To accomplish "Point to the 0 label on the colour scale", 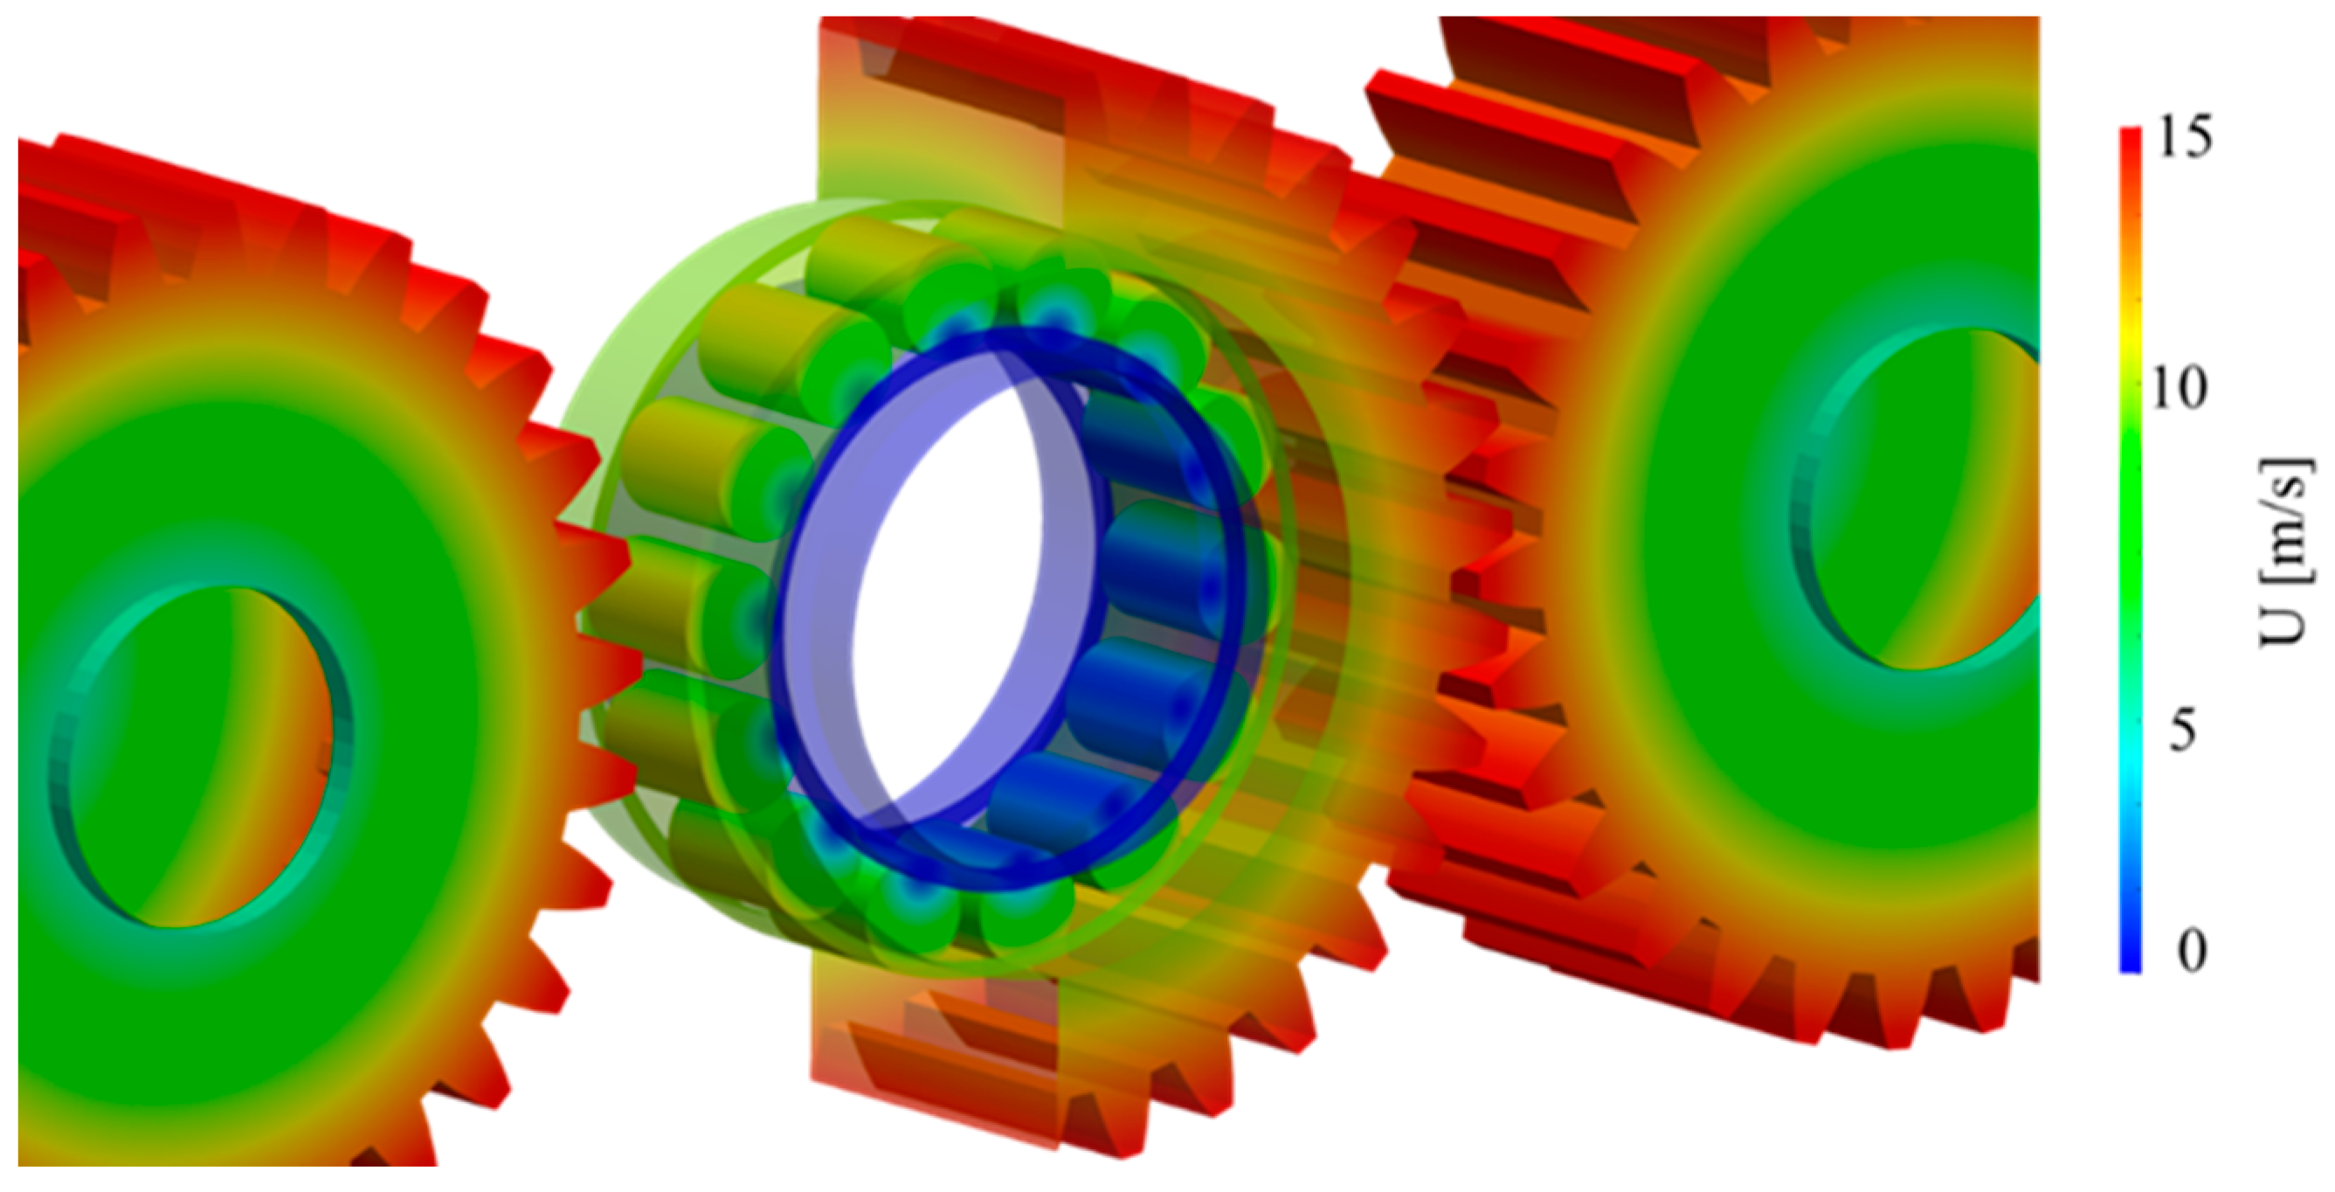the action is (2192, 951).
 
